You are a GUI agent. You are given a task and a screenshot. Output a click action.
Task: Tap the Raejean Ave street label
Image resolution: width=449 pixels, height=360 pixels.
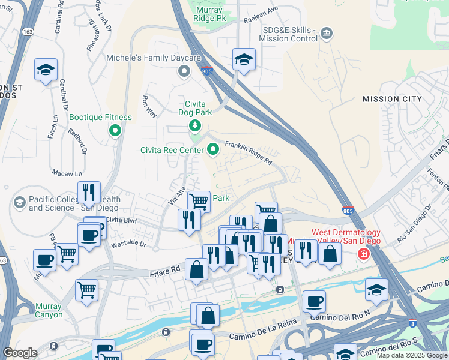262,11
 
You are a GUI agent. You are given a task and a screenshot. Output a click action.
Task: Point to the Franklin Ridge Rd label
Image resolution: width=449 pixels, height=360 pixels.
249,153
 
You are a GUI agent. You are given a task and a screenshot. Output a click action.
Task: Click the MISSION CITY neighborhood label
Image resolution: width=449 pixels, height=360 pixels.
391,99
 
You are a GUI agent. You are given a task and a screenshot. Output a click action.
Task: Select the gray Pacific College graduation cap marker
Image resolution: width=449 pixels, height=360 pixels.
19,203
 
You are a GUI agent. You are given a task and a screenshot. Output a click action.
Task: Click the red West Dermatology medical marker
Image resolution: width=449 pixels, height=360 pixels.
363,254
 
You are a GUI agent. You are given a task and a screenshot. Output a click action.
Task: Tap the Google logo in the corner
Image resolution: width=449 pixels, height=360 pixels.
20,353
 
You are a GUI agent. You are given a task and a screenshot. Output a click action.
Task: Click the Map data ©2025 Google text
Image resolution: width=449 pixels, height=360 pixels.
411,355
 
